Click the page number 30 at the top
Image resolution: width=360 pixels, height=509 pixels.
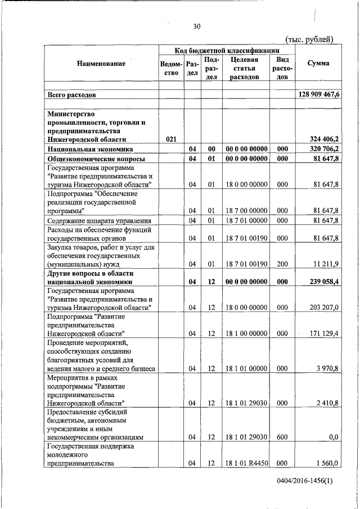[196, 26]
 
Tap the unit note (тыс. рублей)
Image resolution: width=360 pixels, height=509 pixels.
[309, 39]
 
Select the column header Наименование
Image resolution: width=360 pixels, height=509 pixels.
[101, 64]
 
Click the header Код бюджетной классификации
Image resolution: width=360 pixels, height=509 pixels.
[226, 51]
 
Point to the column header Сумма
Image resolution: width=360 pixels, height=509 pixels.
[318, 64]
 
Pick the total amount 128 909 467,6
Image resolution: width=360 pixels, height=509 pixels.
[318, 95]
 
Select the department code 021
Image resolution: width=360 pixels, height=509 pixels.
[172, 139]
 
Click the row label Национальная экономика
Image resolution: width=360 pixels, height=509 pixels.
[91, 149]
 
